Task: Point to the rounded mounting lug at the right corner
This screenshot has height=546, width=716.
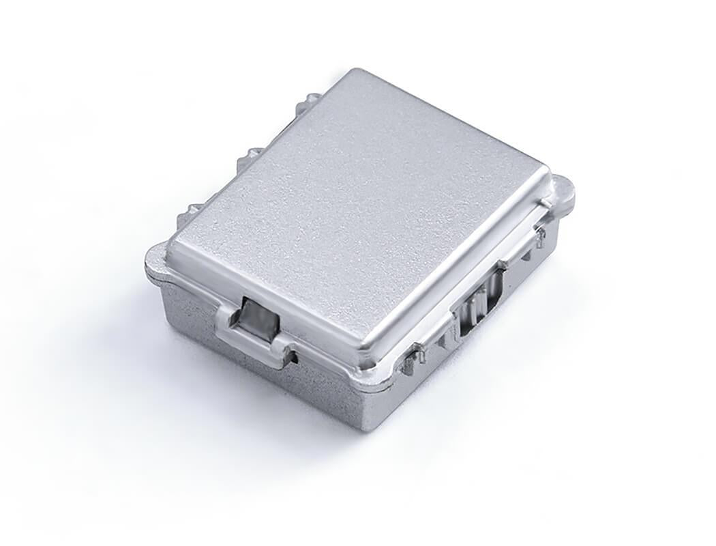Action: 563,190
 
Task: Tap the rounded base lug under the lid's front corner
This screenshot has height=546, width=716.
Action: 374,379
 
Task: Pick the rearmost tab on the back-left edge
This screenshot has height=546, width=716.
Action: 311,101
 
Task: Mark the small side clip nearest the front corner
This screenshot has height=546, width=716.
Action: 413,359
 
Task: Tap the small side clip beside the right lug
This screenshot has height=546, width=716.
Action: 539,236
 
